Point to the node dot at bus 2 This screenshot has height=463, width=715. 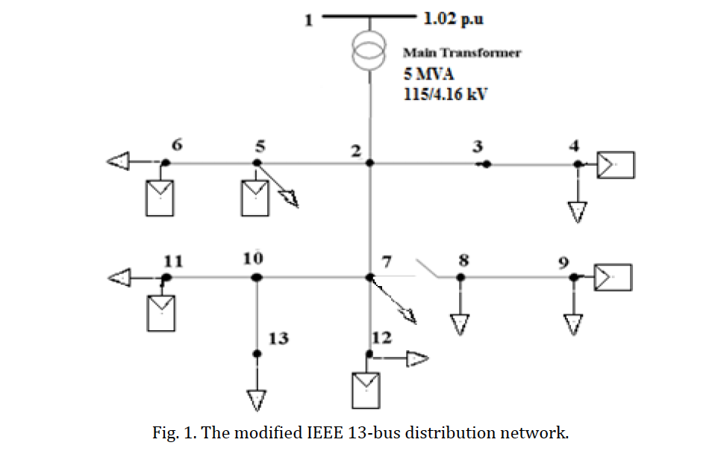[x=369, y=163]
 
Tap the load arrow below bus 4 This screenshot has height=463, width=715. [x=577, y=212]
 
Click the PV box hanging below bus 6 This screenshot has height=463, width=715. [x=160, y=198]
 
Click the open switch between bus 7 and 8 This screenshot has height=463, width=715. [x=426, y=268]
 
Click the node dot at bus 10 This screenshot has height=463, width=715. [x=256, y=277]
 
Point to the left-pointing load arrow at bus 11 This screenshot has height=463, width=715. [x=120, y=278]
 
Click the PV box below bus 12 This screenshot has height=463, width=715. [x=366, y=388]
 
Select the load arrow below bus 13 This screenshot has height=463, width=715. [x=256, y=400]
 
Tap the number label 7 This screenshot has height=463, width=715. [x=386, y=261]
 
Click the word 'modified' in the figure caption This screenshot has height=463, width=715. [x=281, y=434]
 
